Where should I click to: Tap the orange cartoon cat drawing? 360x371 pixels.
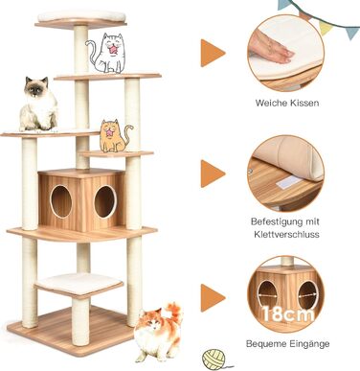tap(113, 135)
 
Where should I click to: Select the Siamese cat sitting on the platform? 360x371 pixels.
tap(38, 105)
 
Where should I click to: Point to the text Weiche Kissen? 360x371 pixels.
tap(286, 103)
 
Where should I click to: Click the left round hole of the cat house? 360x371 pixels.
tap(61, 201)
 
